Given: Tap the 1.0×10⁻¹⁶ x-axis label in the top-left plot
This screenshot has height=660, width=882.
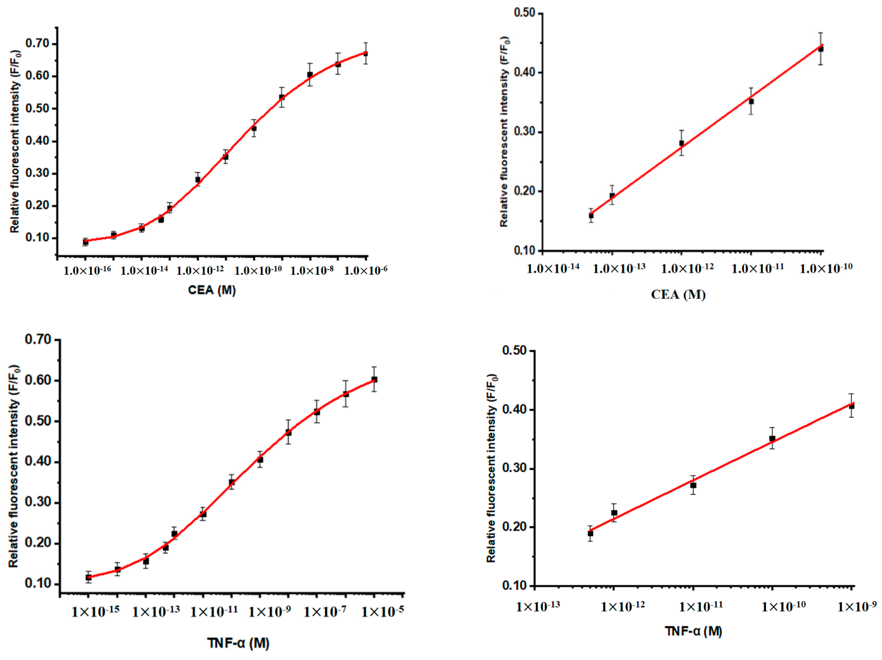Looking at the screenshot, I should tap(87, 271).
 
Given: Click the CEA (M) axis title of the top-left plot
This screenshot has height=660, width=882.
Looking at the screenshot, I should tap(212, 290).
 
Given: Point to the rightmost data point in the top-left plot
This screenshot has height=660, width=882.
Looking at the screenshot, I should tap(365, 53).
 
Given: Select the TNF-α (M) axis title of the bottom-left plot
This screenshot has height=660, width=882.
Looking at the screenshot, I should tap(238, 643).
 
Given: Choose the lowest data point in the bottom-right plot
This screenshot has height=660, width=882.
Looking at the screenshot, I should tap(590, 533).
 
